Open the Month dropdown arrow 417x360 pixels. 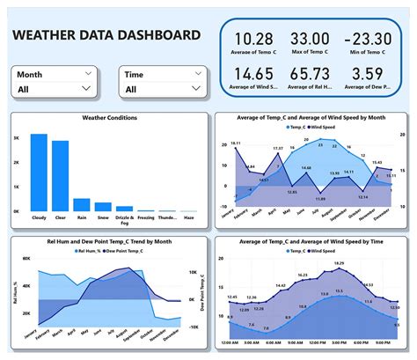click(x=86, y=89)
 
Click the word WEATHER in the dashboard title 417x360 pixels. click(x=45, y=35)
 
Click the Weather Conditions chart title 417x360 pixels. click(x=109, y=117)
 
